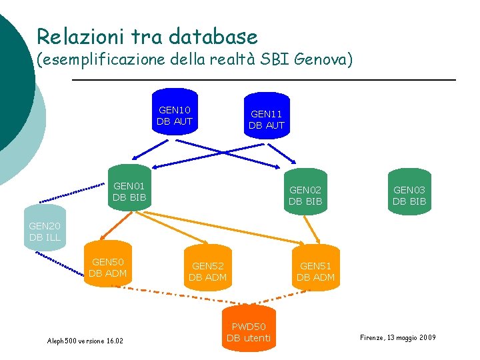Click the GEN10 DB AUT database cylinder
[x=175, y=112]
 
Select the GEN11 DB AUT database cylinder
[x=267, y=116]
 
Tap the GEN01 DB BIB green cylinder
[x=129, y=188]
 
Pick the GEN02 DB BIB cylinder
[x=305, y=192]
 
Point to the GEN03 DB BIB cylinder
[x=409, y=192]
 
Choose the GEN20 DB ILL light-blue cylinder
[x=45, y=229]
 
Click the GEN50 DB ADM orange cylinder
[x=108, y=265]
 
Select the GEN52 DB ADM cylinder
[x=208, y=269]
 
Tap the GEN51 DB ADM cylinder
[x=316, y=269]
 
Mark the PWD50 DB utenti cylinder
[x=249, y=329]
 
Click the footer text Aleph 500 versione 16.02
[x=85, y=341]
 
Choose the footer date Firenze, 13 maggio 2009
[x=398, y=338]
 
